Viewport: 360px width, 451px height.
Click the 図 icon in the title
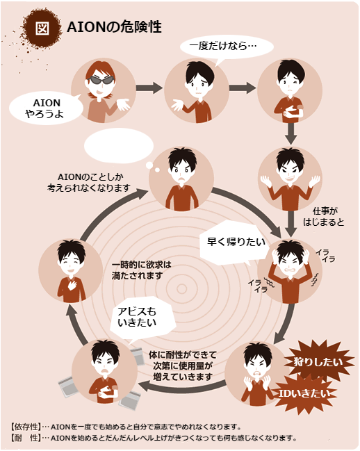(x=42, y=28)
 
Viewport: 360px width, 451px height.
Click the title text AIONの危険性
(x=114, y=27)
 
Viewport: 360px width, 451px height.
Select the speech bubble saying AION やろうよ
(x=46, y=108)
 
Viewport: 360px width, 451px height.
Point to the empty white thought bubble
(x=119, y=145)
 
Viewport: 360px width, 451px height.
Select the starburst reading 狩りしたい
(x=318, y=361)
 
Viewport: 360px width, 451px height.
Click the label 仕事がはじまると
(x=325, y=216)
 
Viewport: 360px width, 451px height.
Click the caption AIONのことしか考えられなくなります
(x=89, y=182)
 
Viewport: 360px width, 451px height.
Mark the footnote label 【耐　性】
(x=25, y=438)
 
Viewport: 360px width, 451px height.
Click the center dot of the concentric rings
(x=181, y=289)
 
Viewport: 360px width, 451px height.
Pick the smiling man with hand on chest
(x=71, y=270)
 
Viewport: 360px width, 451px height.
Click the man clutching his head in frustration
(x=290, y=271)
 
